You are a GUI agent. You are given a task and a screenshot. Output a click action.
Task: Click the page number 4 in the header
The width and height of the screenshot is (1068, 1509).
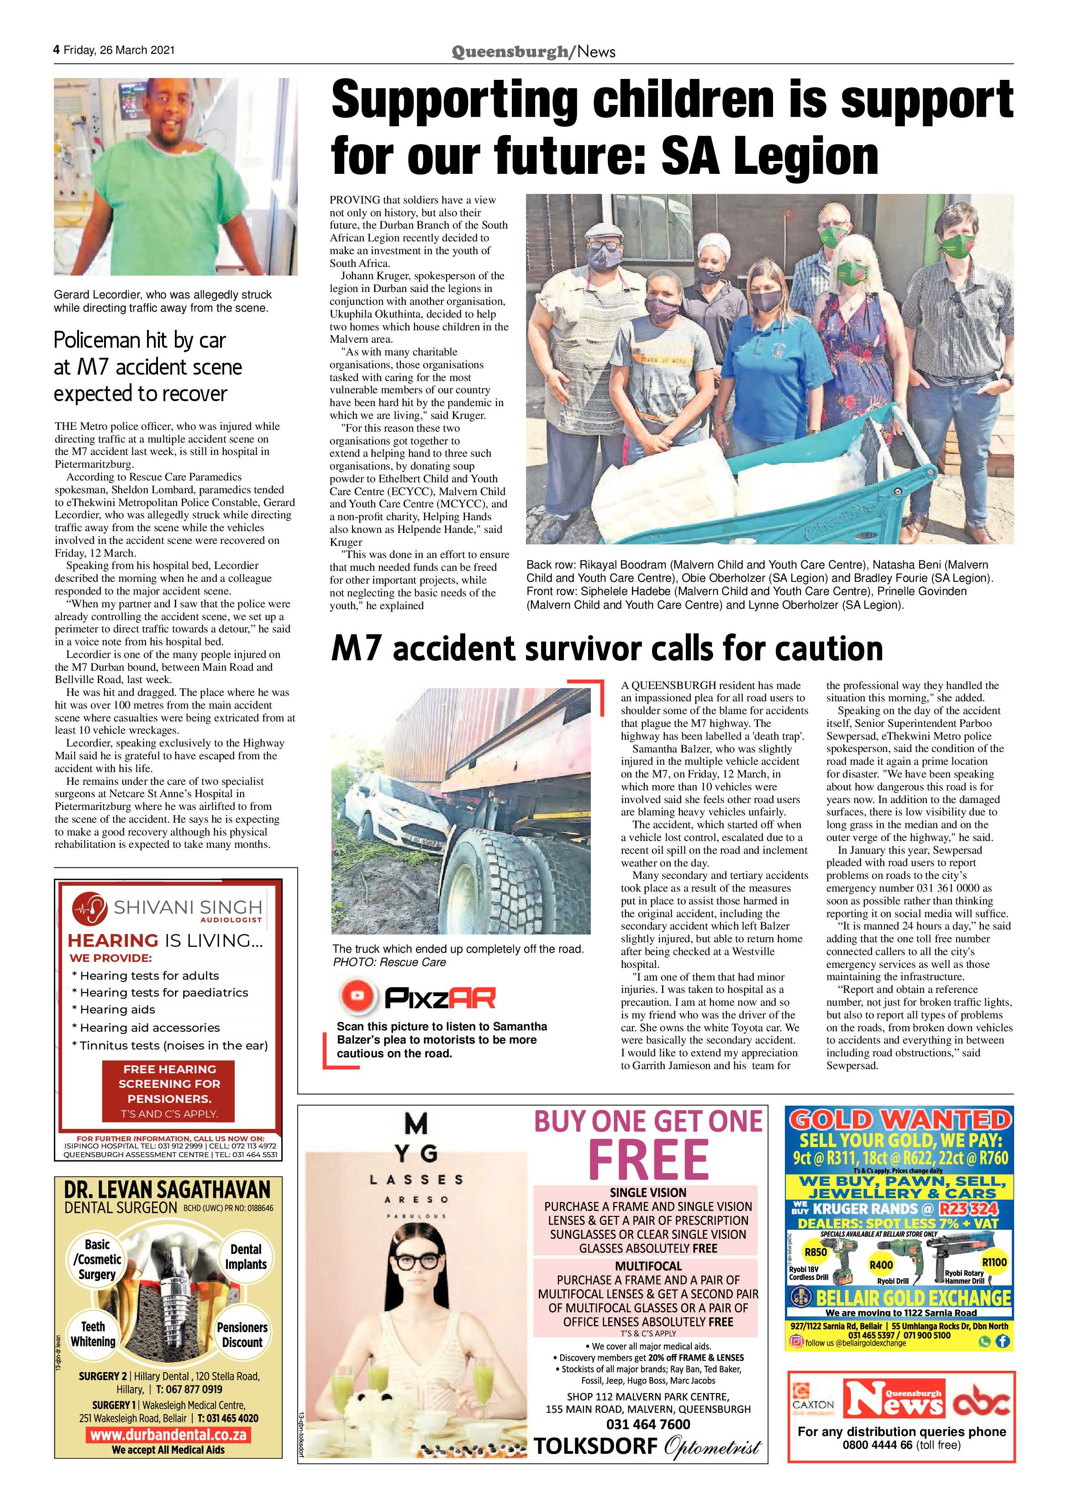point(57,50)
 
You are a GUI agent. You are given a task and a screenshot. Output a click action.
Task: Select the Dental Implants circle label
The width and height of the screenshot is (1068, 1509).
point(246,1257)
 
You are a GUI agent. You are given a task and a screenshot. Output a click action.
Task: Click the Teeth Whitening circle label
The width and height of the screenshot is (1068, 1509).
point(93,1333)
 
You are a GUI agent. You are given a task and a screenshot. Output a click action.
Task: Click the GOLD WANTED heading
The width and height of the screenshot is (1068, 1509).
point(900,1120)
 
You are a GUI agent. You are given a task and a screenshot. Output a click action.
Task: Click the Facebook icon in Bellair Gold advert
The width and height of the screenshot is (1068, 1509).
point(1002,1342)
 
